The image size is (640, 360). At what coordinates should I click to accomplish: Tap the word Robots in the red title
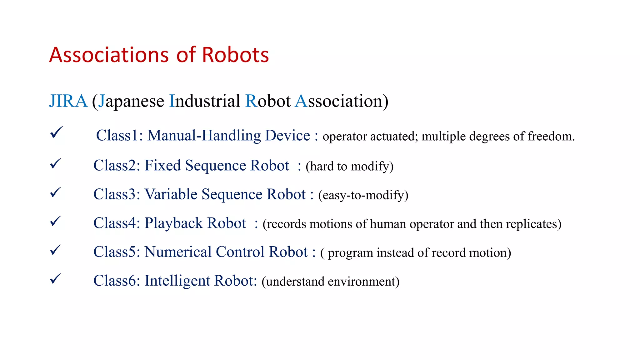pyautogui.click(x=235, y=55)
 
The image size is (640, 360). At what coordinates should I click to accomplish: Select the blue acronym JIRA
pyautogui.click(x=68, y=101)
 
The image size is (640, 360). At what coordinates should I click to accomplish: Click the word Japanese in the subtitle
pyautogui.click(x=131, y=102)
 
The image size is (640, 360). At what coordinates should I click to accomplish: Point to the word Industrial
pyautogui.click(x=205, y=101)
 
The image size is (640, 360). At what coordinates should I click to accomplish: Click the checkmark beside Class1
pyautogui.click(x=56, y=132)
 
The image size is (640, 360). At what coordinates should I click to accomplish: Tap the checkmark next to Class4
pyautogui.click(x=55, y=221)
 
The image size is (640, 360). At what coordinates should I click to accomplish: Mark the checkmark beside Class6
pyautogui.click(x=55, y=279)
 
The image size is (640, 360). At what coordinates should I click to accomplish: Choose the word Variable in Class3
pyautogui.click(x=171, y=194)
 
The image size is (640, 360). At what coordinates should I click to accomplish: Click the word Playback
pyautogui.click(x=174, y=223)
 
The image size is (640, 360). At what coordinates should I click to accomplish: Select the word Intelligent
pyautogui.click(x=177, y=281)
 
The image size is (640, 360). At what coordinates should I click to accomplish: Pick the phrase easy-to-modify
pyautogui.click(x=363, y=195)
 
